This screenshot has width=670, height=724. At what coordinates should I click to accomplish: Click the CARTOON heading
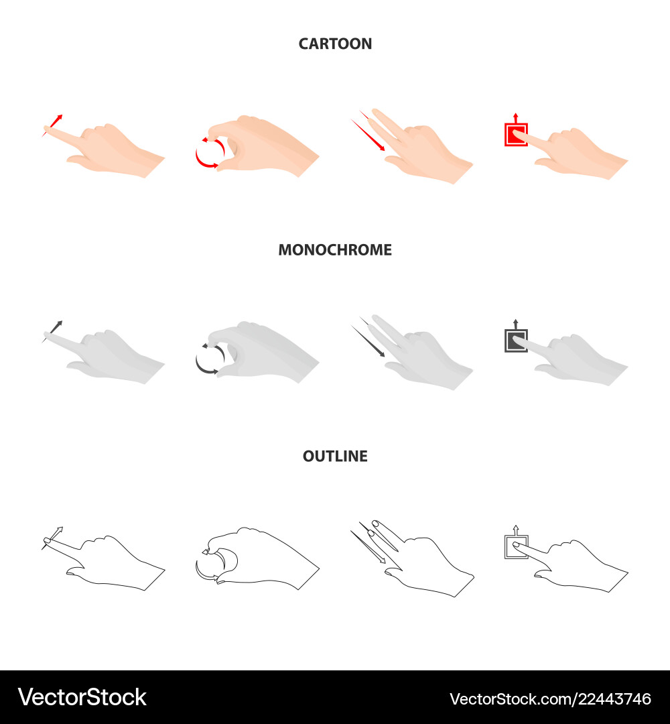pyautogui.click(x=335, y=44)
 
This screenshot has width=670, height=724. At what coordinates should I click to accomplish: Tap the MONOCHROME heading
pyautogui.click(x=335, y=250)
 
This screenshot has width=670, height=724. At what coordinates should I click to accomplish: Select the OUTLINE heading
pyautogui.click(x=335, y=457)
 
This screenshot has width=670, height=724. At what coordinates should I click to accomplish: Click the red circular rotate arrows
pyautogui.click(x=206, y=154)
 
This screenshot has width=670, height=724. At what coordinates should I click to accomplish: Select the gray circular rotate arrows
pyautogui.click(x=206, y=359)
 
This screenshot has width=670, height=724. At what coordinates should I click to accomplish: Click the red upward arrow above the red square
pyautogui.click(x=515, y=116)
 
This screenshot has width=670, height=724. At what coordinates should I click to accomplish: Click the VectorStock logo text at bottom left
pyautogui.click(x=82, y=698)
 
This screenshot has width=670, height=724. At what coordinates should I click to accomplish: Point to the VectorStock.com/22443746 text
pyautogui.click(x=550, y=699)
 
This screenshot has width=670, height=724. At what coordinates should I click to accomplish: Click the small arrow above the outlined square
pyautogui.click(x=515, y=528)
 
